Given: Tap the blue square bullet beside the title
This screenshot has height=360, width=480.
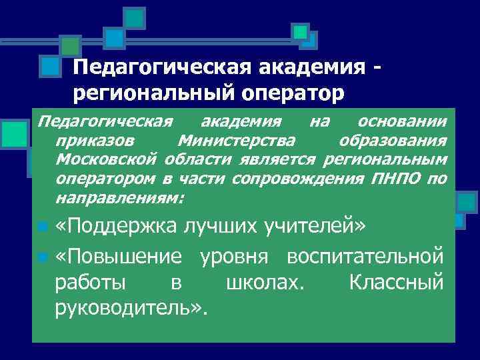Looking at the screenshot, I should (48, 67).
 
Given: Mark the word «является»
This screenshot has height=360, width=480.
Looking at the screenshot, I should (286, 160).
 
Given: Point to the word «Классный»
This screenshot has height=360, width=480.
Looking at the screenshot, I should (395, 282).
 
